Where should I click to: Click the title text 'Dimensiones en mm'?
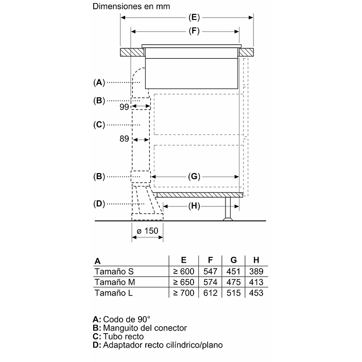[x=131, y=7]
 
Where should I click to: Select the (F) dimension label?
[x=194, y=30]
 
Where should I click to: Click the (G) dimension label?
[x=194, y=177]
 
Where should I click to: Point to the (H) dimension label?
[x=194, y=206]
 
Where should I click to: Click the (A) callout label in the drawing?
[x=99, y=82]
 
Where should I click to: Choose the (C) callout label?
[x=99, y=125]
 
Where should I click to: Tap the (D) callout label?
[x=99, y=204]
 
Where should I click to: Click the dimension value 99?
[x=124, y=107]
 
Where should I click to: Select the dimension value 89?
[x=124, y=139]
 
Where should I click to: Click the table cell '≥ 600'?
[x=183, y=271]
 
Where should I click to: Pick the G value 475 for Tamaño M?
[x=233, y=282]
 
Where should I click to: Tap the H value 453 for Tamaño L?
[x=255, y=293]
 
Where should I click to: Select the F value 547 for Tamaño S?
[x=210, y=271]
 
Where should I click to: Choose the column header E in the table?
[x=183, y=261]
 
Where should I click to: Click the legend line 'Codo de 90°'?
[x=126, y=319]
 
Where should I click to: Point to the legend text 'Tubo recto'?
[x=123, y=336]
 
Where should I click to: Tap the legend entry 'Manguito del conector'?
[x=145, y=328]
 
